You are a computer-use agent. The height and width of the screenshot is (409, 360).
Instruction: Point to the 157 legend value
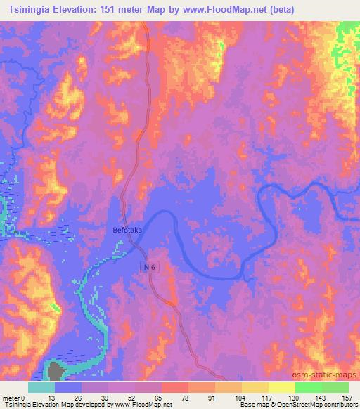tap(347, 397)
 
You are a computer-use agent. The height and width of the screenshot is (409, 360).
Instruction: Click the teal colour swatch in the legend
tap(41, 387)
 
